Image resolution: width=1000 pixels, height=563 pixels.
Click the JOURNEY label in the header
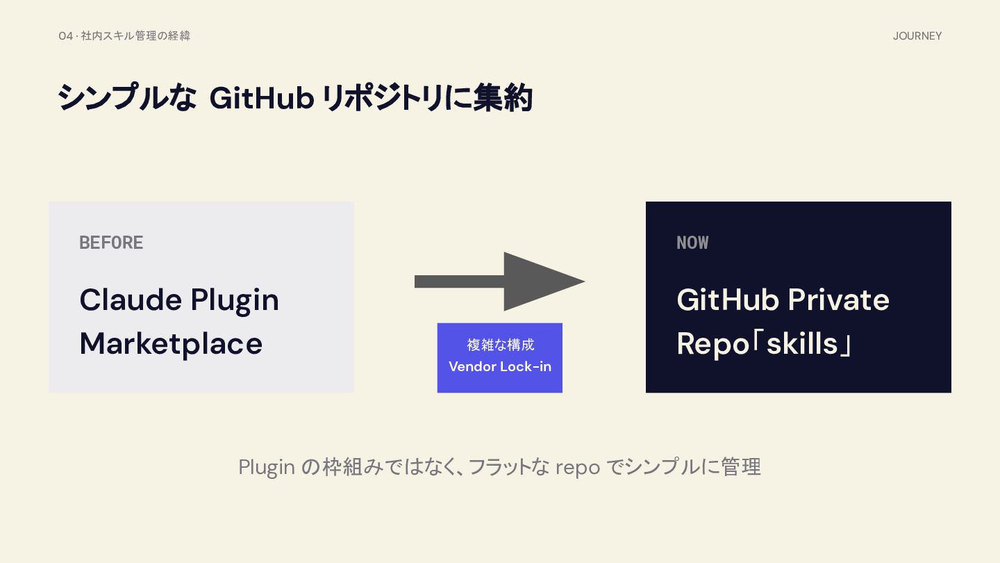pyautogui.click(x=917, y=35)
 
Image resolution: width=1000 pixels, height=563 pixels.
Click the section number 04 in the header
pyautogui.click(x=65, y=35)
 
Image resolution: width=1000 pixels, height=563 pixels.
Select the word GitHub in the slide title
pyautogui.click(x=262, y=98)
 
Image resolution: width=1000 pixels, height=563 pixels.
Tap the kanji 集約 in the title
pyautogui.click(x=503, y=97)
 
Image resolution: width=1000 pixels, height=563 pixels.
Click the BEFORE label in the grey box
pyautogui.click(x=111, y=243)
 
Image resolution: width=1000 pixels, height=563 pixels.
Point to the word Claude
pyautogui.click(x=131, y=299)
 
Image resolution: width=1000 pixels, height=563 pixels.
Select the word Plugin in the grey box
pyautogui.click(x=235, y=301)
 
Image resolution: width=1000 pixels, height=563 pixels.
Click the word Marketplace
pyautogui.click(x=171, y=344)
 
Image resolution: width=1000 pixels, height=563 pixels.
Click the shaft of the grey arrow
pyautogui.click(x=460, y=281)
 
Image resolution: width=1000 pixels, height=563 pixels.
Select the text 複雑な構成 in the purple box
pyautogui.click(x=501, y=345)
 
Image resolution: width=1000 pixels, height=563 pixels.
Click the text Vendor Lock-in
pyautogui.click(x=500, y=366)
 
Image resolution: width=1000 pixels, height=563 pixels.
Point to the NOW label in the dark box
pyautogui.click(x=692, y=243)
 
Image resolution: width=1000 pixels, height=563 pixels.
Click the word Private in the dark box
pyautogui.click(x=838, y=299)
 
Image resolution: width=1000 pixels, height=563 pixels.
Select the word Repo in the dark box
pyautogui.click(x=712, y=344)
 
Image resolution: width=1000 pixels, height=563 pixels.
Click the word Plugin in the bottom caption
pyautogui.click(x=267, y=468)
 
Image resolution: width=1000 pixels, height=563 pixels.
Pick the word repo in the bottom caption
pyautogui.click(x=578, y=468)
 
